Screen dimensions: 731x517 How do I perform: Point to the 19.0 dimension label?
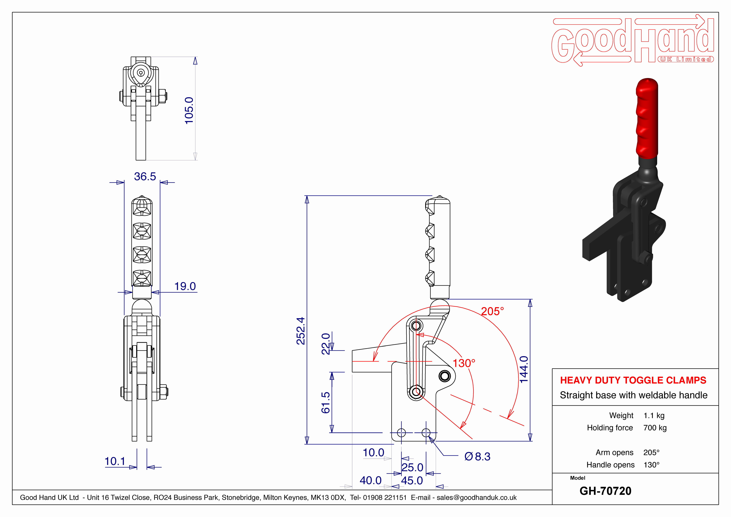click(185, 286)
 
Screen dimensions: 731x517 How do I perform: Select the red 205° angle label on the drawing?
click(493, 311)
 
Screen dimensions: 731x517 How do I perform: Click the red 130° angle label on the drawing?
click(464, 363)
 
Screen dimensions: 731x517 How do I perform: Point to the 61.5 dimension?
click(326, 403)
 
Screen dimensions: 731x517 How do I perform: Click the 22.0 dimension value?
click(326, 344)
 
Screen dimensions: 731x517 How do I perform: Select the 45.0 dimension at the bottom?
click(412, 480)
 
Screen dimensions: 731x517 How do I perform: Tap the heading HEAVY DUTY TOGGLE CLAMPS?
click(633, 380)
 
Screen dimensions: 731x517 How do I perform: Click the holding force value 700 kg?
click(655, 428)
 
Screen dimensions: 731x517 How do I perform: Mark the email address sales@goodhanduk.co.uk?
click(477, 498)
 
